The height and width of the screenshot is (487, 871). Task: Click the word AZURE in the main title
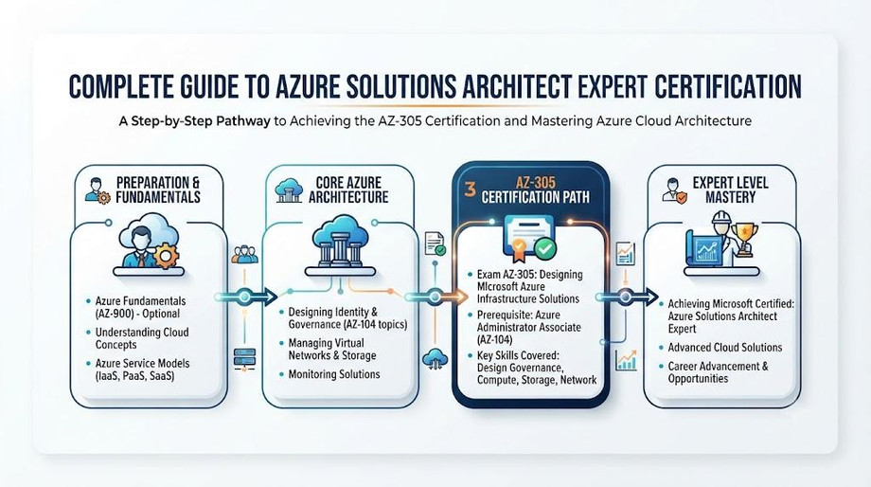click(322, 87)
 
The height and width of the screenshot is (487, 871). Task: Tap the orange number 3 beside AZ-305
click(470, 189)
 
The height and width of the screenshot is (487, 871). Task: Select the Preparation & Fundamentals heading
click(158, 189)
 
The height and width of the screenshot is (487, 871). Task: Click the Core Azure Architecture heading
click(348, 189)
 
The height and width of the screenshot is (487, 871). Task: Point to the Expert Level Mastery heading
click(730, 189)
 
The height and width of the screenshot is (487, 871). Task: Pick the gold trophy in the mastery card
click(743, 238)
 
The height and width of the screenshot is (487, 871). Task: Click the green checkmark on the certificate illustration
click(545, 248)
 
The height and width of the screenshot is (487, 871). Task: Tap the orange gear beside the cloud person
click(166, 256)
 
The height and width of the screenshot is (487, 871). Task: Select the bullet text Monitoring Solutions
click(334, 374)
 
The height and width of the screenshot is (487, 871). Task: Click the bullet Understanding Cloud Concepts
click(142, 338)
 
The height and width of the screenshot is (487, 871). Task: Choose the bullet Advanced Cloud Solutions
click(725, 348)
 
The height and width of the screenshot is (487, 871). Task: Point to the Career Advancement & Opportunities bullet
click(718, 372)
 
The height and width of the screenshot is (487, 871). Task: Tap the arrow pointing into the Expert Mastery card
click(627, 297)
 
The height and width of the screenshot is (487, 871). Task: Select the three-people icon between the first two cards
click(244, 254)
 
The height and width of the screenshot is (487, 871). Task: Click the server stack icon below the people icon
click(244, 357)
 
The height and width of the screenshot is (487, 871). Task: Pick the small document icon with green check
click(435, 243)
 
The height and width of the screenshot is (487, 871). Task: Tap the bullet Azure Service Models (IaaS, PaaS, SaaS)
click(142, 370)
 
